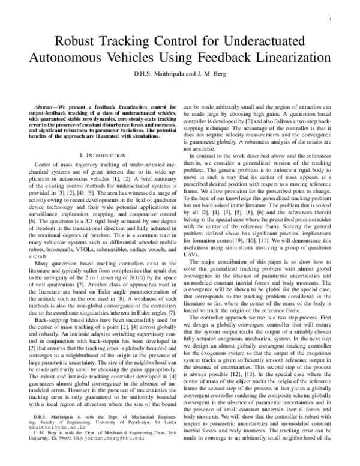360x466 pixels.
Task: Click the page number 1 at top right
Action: tap(331, 20)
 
